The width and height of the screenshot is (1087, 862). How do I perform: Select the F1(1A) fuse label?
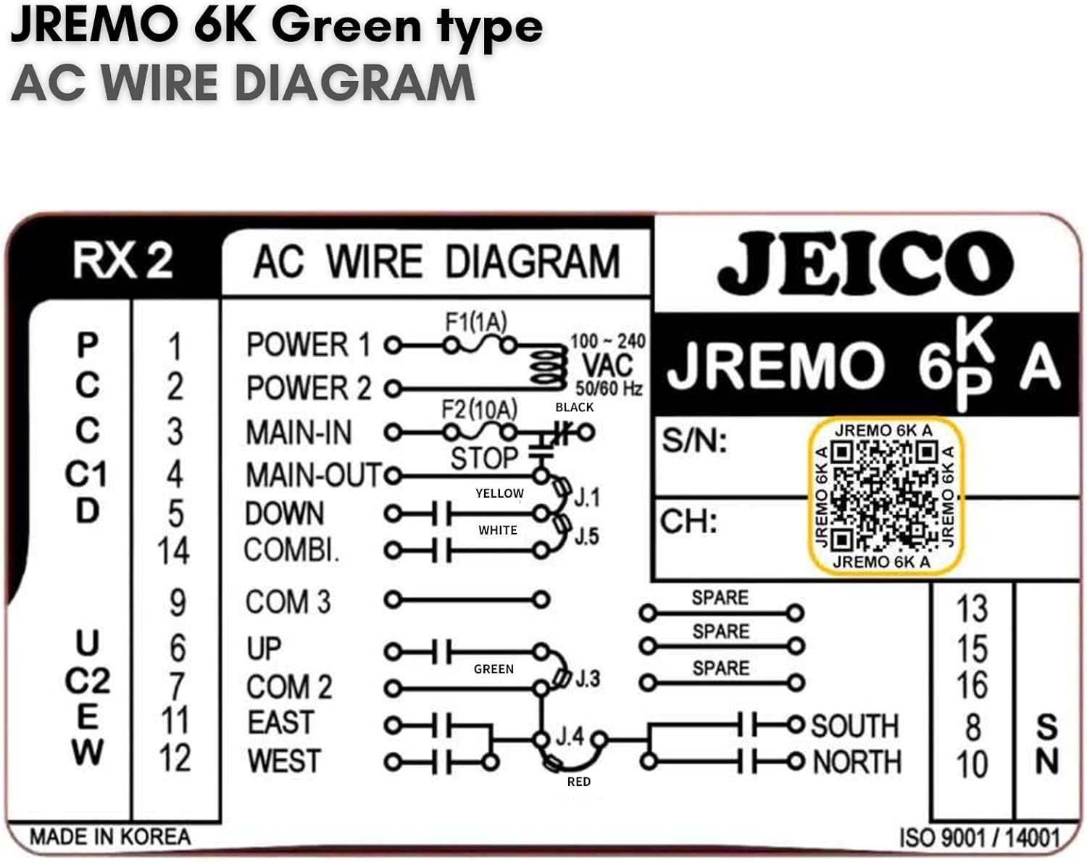tap(475, 322)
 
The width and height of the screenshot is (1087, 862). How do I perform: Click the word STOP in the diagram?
tap(484, 459)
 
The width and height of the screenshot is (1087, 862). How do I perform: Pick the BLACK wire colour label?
tap(574, 407)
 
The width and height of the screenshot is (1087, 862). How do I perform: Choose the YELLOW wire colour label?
tap(499, 493)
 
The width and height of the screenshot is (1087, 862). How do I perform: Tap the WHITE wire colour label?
tap(498, 530)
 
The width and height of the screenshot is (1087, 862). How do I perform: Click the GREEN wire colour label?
tap(493, 669)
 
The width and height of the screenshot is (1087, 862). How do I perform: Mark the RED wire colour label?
tap(578, 782)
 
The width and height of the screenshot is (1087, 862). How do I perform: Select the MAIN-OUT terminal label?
tap(313, 476)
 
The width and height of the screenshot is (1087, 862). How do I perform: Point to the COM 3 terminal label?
tap(288, 602)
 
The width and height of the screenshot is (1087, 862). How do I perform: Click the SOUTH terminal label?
tap(855, 726)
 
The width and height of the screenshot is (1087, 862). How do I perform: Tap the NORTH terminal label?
tap(857, 762)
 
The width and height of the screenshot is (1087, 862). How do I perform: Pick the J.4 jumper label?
tap(570, 737)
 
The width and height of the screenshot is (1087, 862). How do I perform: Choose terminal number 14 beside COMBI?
tap(174, 551)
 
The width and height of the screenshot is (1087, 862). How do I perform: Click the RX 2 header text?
tap(122, 261)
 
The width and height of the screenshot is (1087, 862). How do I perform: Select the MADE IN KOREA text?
tap(110, 837)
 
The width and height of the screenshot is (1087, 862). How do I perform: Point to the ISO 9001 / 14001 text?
tap(979, 838)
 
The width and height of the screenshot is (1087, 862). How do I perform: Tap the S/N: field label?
tap(694, 440)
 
